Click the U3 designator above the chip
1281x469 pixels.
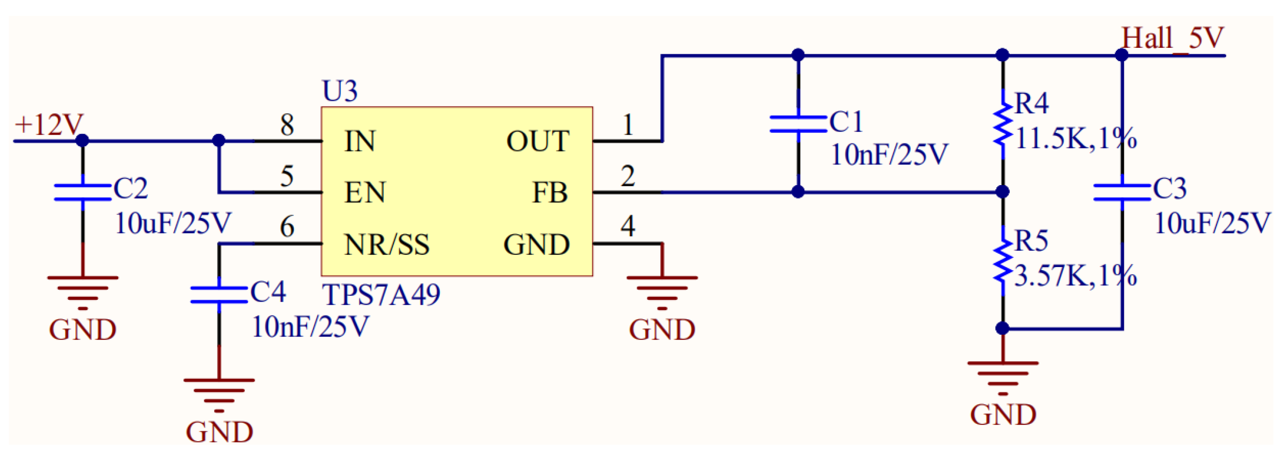(340, 91)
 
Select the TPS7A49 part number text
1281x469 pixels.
(381, 295)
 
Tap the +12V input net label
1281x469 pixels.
(49, 125)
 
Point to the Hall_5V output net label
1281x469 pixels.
(1172, 38)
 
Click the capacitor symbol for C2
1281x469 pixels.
(83, 193)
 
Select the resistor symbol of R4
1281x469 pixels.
(1003, 124)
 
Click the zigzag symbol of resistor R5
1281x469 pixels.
(1003, 262)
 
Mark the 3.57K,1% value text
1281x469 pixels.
(1075, 276)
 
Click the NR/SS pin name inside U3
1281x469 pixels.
(386, 245)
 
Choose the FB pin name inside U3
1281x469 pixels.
(550, 193)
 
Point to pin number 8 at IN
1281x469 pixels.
(287, 125)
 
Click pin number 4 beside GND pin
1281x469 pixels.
(627, 227)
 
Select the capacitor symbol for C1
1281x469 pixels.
(798, 124)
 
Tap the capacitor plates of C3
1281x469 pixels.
(1122, 193)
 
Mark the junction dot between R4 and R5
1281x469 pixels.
(1003, 192)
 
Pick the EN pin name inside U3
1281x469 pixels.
(365, 193)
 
